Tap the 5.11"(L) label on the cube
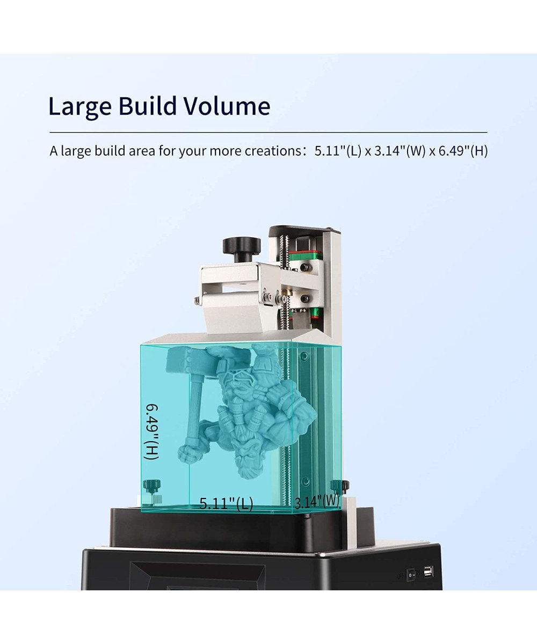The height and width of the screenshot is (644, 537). click(x=226, y=503)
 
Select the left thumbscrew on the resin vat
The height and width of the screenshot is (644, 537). click(x=150, y=487)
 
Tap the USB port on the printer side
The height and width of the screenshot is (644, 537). click(x=428, y=572)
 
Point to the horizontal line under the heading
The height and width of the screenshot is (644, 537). click(x=268, y=132)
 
